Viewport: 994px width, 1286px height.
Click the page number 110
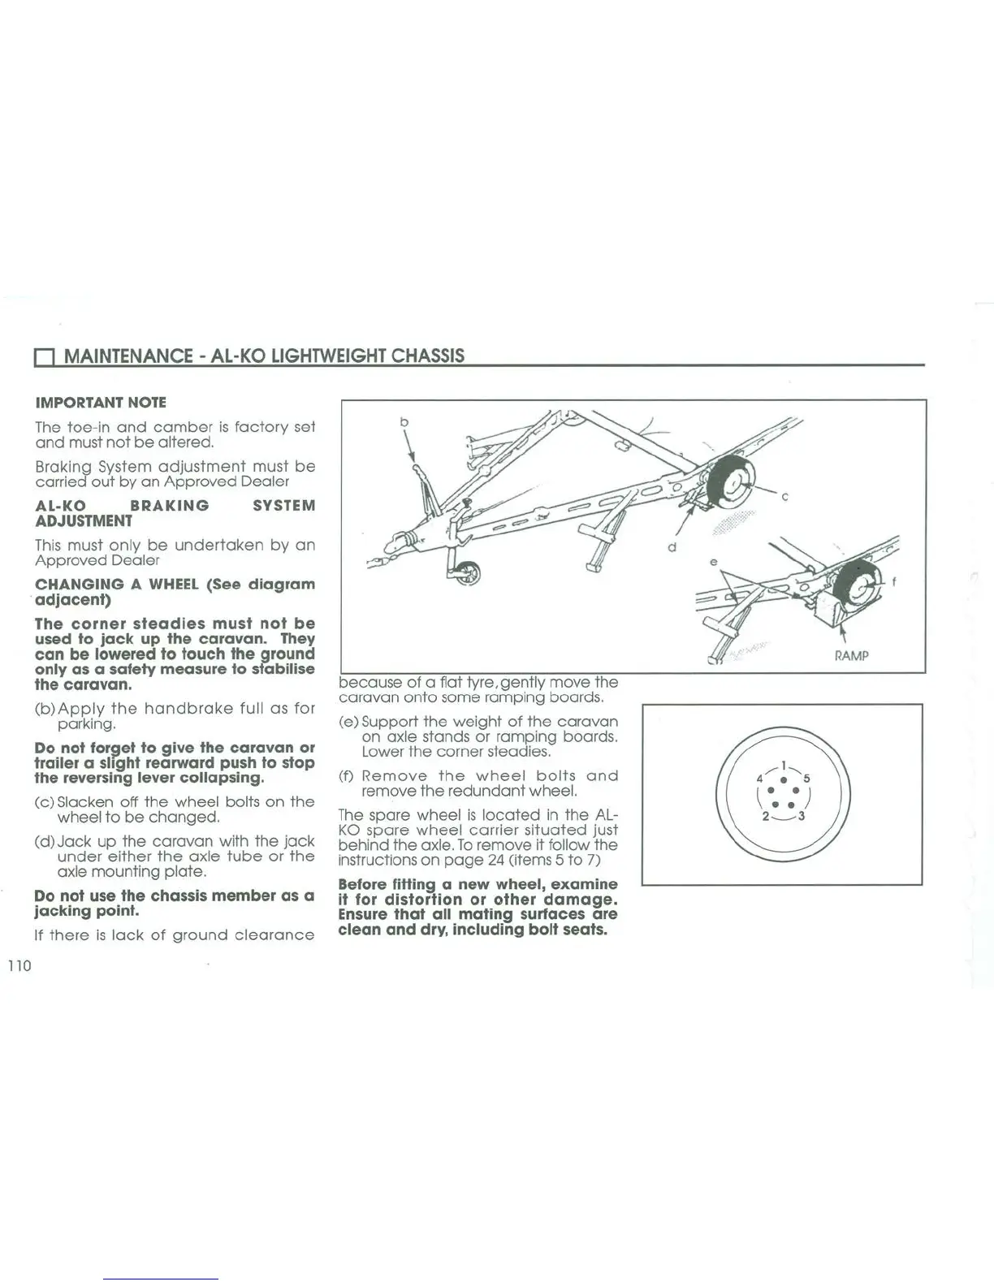click(19, 965)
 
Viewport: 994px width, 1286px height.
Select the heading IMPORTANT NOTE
click(101, 403)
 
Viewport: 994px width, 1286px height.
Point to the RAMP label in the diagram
click(851, 655)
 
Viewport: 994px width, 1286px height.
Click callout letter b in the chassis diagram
click(404, 422)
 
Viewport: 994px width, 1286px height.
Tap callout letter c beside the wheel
click(785, 497)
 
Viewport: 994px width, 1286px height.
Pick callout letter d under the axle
click(672, 547)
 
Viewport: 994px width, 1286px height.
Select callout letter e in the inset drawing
click(713, 562)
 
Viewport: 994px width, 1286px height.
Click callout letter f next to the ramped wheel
click(894, 581)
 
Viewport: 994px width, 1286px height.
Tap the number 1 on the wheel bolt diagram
click(782, 764)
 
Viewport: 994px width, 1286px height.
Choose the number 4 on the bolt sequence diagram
click(759, 777)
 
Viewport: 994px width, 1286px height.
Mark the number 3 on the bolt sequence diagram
click(802, 816)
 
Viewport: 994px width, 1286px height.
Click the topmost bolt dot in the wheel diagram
click(782, 780)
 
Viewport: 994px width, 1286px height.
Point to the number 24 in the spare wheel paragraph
click(496, 860)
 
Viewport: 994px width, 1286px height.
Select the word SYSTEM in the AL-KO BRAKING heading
click(283, 506)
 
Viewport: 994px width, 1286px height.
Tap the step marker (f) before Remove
click(346, 776)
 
